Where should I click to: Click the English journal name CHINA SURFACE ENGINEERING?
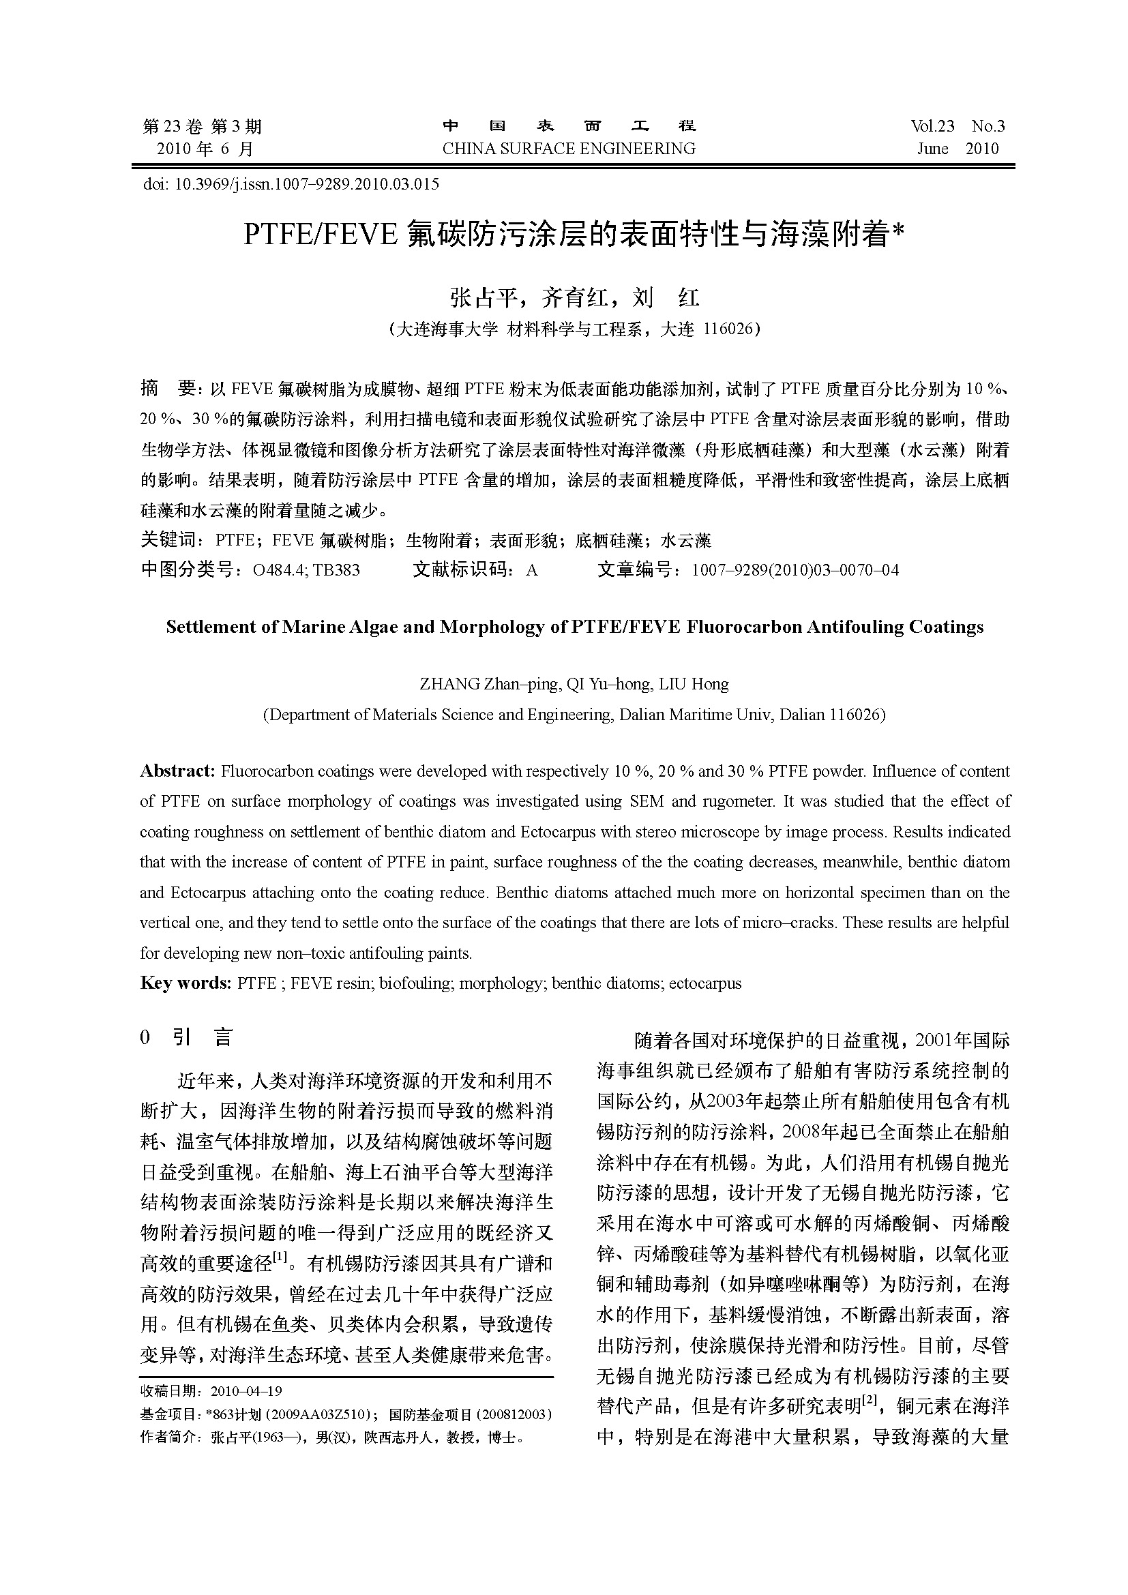tap(568, 149)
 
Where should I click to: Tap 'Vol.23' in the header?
tap(933, 126)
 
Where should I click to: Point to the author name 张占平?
tap(484, 298)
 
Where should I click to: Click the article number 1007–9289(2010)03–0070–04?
tap(795, 570)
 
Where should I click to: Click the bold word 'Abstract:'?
tap(178, 771)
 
